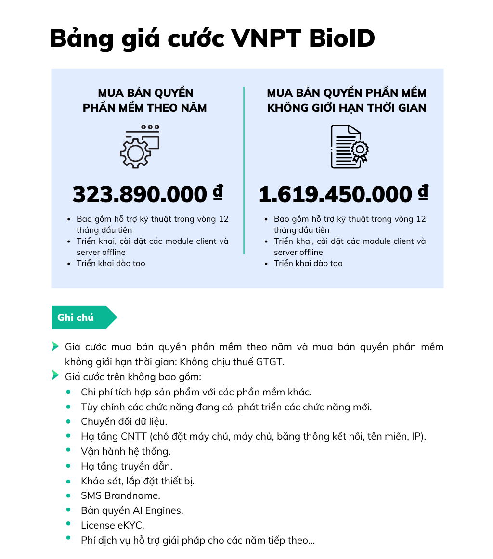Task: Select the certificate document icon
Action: click(349, 147)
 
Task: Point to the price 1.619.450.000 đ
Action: click(343, 194)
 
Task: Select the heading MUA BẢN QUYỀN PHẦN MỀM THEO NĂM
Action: click(145, 100)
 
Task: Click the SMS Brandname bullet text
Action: click(120, 495)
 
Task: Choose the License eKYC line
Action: click(113, 525)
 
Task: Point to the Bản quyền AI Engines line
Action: click(132, 510)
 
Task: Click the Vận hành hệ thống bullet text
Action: click(126, 451)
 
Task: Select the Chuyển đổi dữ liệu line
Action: click(124, 421)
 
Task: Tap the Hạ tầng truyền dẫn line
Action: click(127, 466)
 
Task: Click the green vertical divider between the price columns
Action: click(244, 170)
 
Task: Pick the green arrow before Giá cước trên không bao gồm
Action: click(55, 375)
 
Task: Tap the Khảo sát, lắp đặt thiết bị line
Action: click(138, 481)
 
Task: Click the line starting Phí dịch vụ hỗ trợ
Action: click(198, 540)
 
